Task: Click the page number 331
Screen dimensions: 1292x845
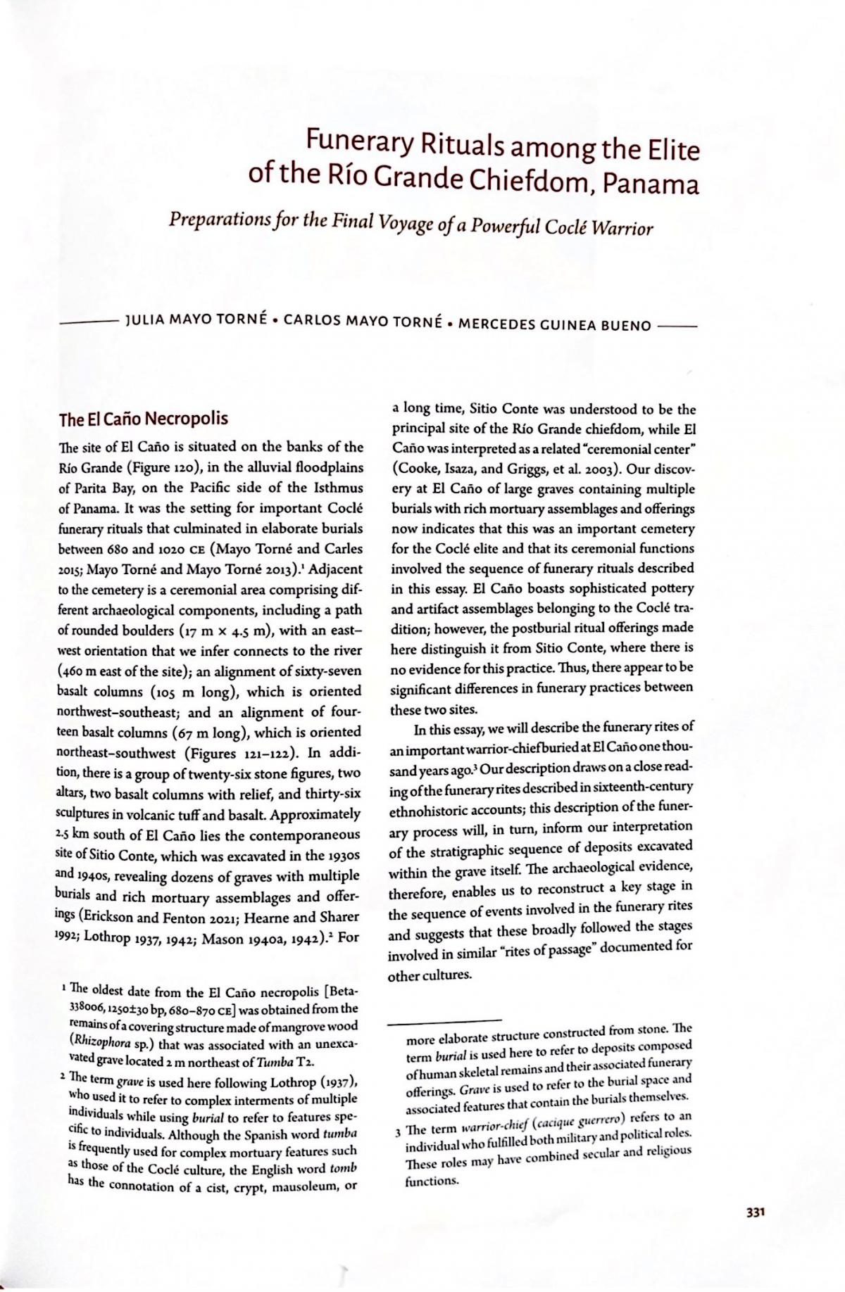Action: [754, 1212]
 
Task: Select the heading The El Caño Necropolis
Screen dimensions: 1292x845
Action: [144, 420]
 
